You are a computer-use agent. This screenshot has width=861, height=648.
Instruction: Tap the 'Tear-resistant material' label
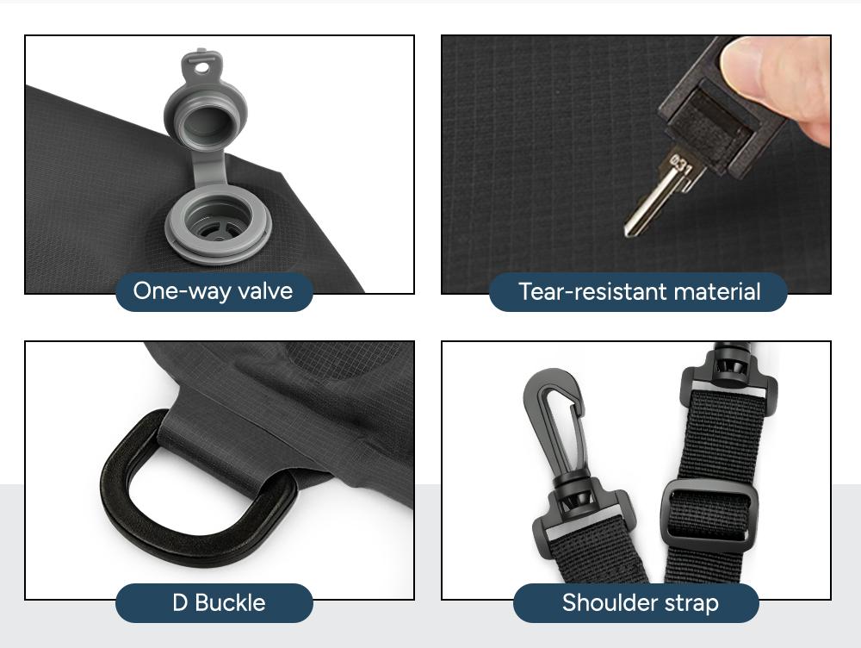pos(639,291)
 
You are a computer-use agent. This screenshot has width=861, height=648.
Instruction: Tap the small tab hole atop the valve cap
pos(202,67)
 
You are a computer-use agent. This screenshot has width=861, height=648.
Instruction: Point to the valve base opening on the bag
pos(218,221)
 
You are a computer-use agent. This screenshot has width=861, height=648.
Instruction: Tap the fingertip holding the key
pos(780,85)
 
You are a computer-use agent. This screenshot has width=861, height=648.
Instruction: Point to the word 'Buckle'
pos(230,603)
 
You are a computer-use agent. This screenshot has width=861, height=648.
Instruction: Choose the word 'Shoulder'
pos(610,603)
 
